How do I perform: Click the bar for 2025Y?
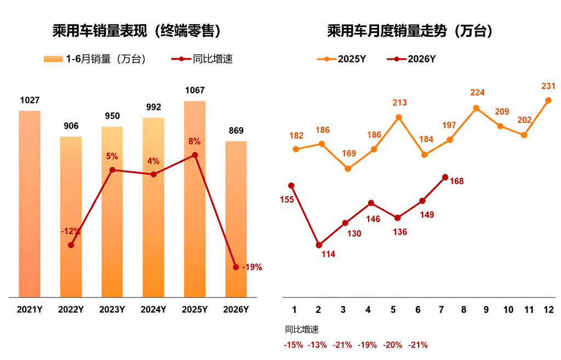[x=194, y=199]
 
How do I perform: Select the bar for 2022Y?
[x=71, y=217]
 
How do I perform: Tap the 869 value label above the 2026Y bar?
[x=236, y=130]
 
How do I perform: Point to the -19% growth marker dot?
[x=236, y=267]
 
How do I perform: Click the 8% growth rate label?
[x=194, y=141]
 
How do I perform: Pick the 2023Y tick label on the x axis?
[x=112, y=310]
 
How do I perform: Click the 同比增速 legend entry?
[x=202, y=59]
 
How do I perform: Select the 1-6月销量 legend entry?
[x=95, y=59]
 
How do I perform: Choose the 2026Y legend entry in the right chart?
[x=411, y=59]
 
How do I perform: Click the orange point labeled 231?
[x=548, y=101]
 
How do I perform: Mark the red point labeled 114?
[x=319, y=245]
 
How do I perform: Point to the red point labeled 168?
[x=445, y=177]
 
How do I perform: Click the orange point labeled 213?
[x=399, y=117]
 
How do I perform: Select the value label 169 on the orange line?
[x=349, y=153]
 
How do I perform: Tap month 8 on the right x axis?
[x=463, y=310]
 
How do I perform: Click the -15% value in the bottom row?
[x=294, y=345]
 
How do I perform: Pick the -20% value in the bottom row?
[x=392, y=345]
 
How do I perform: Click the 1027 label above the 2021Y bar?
[x=30, y=100]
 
